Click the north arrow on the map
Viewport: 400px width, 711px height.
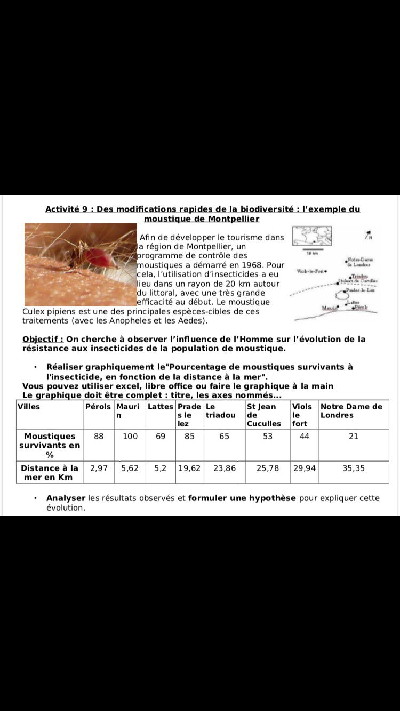tap(367, 235)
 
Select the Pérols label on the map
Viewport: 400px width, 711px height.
tap(362, 308)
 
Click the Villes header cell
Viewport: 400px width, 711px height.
tap(29, 407)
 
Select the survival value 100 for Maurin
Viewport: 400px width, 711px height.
tap(130, 437)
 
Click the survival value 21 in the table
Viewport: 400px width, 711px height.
tap(354, 437)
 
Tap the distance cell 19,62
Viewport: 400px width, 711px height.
tap(189, 468)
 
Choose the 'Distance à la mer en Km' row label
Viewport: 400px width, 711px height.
tap(50, 472)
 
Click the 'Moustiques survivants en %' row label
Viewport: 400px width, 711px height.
tap(50, 445)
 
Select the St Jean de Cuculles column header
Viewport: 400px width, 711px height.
tap(263, 415)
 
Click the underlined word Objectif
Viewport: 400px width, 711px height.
tap(43, 339)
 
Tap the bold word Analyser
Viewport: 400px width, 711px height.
tap(66, 498)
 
